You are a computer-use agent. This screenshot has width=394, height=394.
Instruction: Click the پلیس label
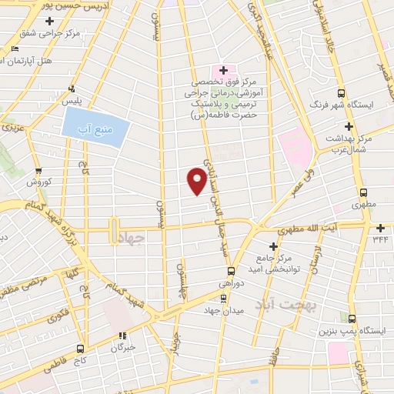pos(71,101)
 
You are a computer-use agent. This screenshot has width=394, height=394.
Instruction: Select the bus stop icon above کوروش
pos(38,172)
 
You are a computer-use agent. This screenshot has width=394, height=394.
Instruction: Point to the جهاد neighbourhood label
pos(132,239)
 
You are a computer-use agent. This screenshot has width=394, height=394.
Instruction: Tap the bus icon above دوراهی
pos(231,270)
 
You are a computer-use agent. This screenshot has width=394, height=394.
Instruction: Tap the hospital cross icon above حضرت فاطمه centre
pos(223,70)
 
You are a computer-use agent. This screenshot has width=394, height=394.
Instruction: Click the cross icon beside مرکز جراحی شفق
pos(49,20)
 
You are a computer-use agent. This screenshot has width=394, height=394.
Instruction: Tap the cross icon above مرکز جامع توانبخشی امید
pos(274,245)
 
